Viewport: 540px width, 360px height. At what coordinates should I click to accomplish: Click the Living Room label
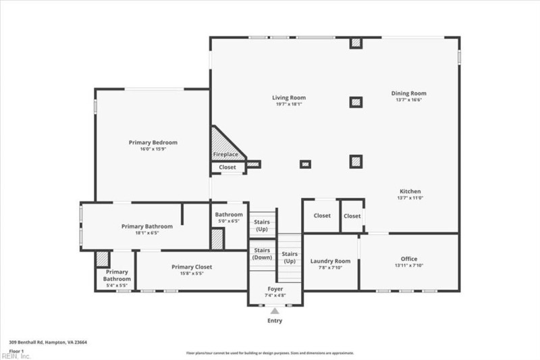289,98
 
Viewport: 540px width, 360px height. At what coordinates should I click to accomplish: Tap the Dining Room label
409,93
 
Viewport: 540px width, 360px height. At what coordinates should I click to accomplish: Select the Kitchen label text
410,191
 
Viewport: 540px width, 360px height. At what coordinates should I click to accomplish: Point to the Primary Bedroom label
153,143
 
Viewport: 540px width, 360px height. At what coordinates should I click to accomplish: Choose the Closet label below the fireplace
227,167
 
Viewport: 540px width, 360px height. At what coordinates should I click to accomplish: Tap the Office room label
408,259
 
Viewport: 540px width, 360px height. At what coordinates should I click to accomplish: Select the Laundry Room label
330,261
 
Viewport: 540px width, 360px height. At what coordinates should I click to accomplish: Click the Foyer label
275,289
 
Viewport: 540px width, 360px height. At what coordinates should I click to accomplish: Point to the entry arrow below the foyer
275,311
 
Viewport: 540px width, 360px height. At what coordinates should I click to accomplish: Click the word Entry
275,321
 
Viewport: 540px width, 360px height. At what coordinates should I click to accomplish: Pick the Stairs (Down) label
262,254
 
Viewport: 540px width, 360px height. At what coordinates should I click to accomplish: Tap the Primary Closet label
192,267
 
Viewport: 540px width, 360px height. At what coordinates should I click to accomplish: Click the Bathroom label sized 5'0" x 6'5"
228,215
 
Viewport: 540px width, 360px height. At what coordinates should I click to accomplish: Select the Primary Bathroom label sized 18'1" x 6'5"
147,226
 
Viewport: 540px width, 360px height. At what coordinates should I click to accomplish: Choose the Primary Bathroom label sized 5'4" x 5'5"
117,276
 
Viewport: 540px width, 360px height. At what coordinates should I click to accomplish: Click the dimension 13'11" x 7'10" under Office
408,265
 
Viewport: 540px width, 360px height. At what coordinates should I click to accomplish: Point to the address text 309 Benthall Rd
48,342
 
